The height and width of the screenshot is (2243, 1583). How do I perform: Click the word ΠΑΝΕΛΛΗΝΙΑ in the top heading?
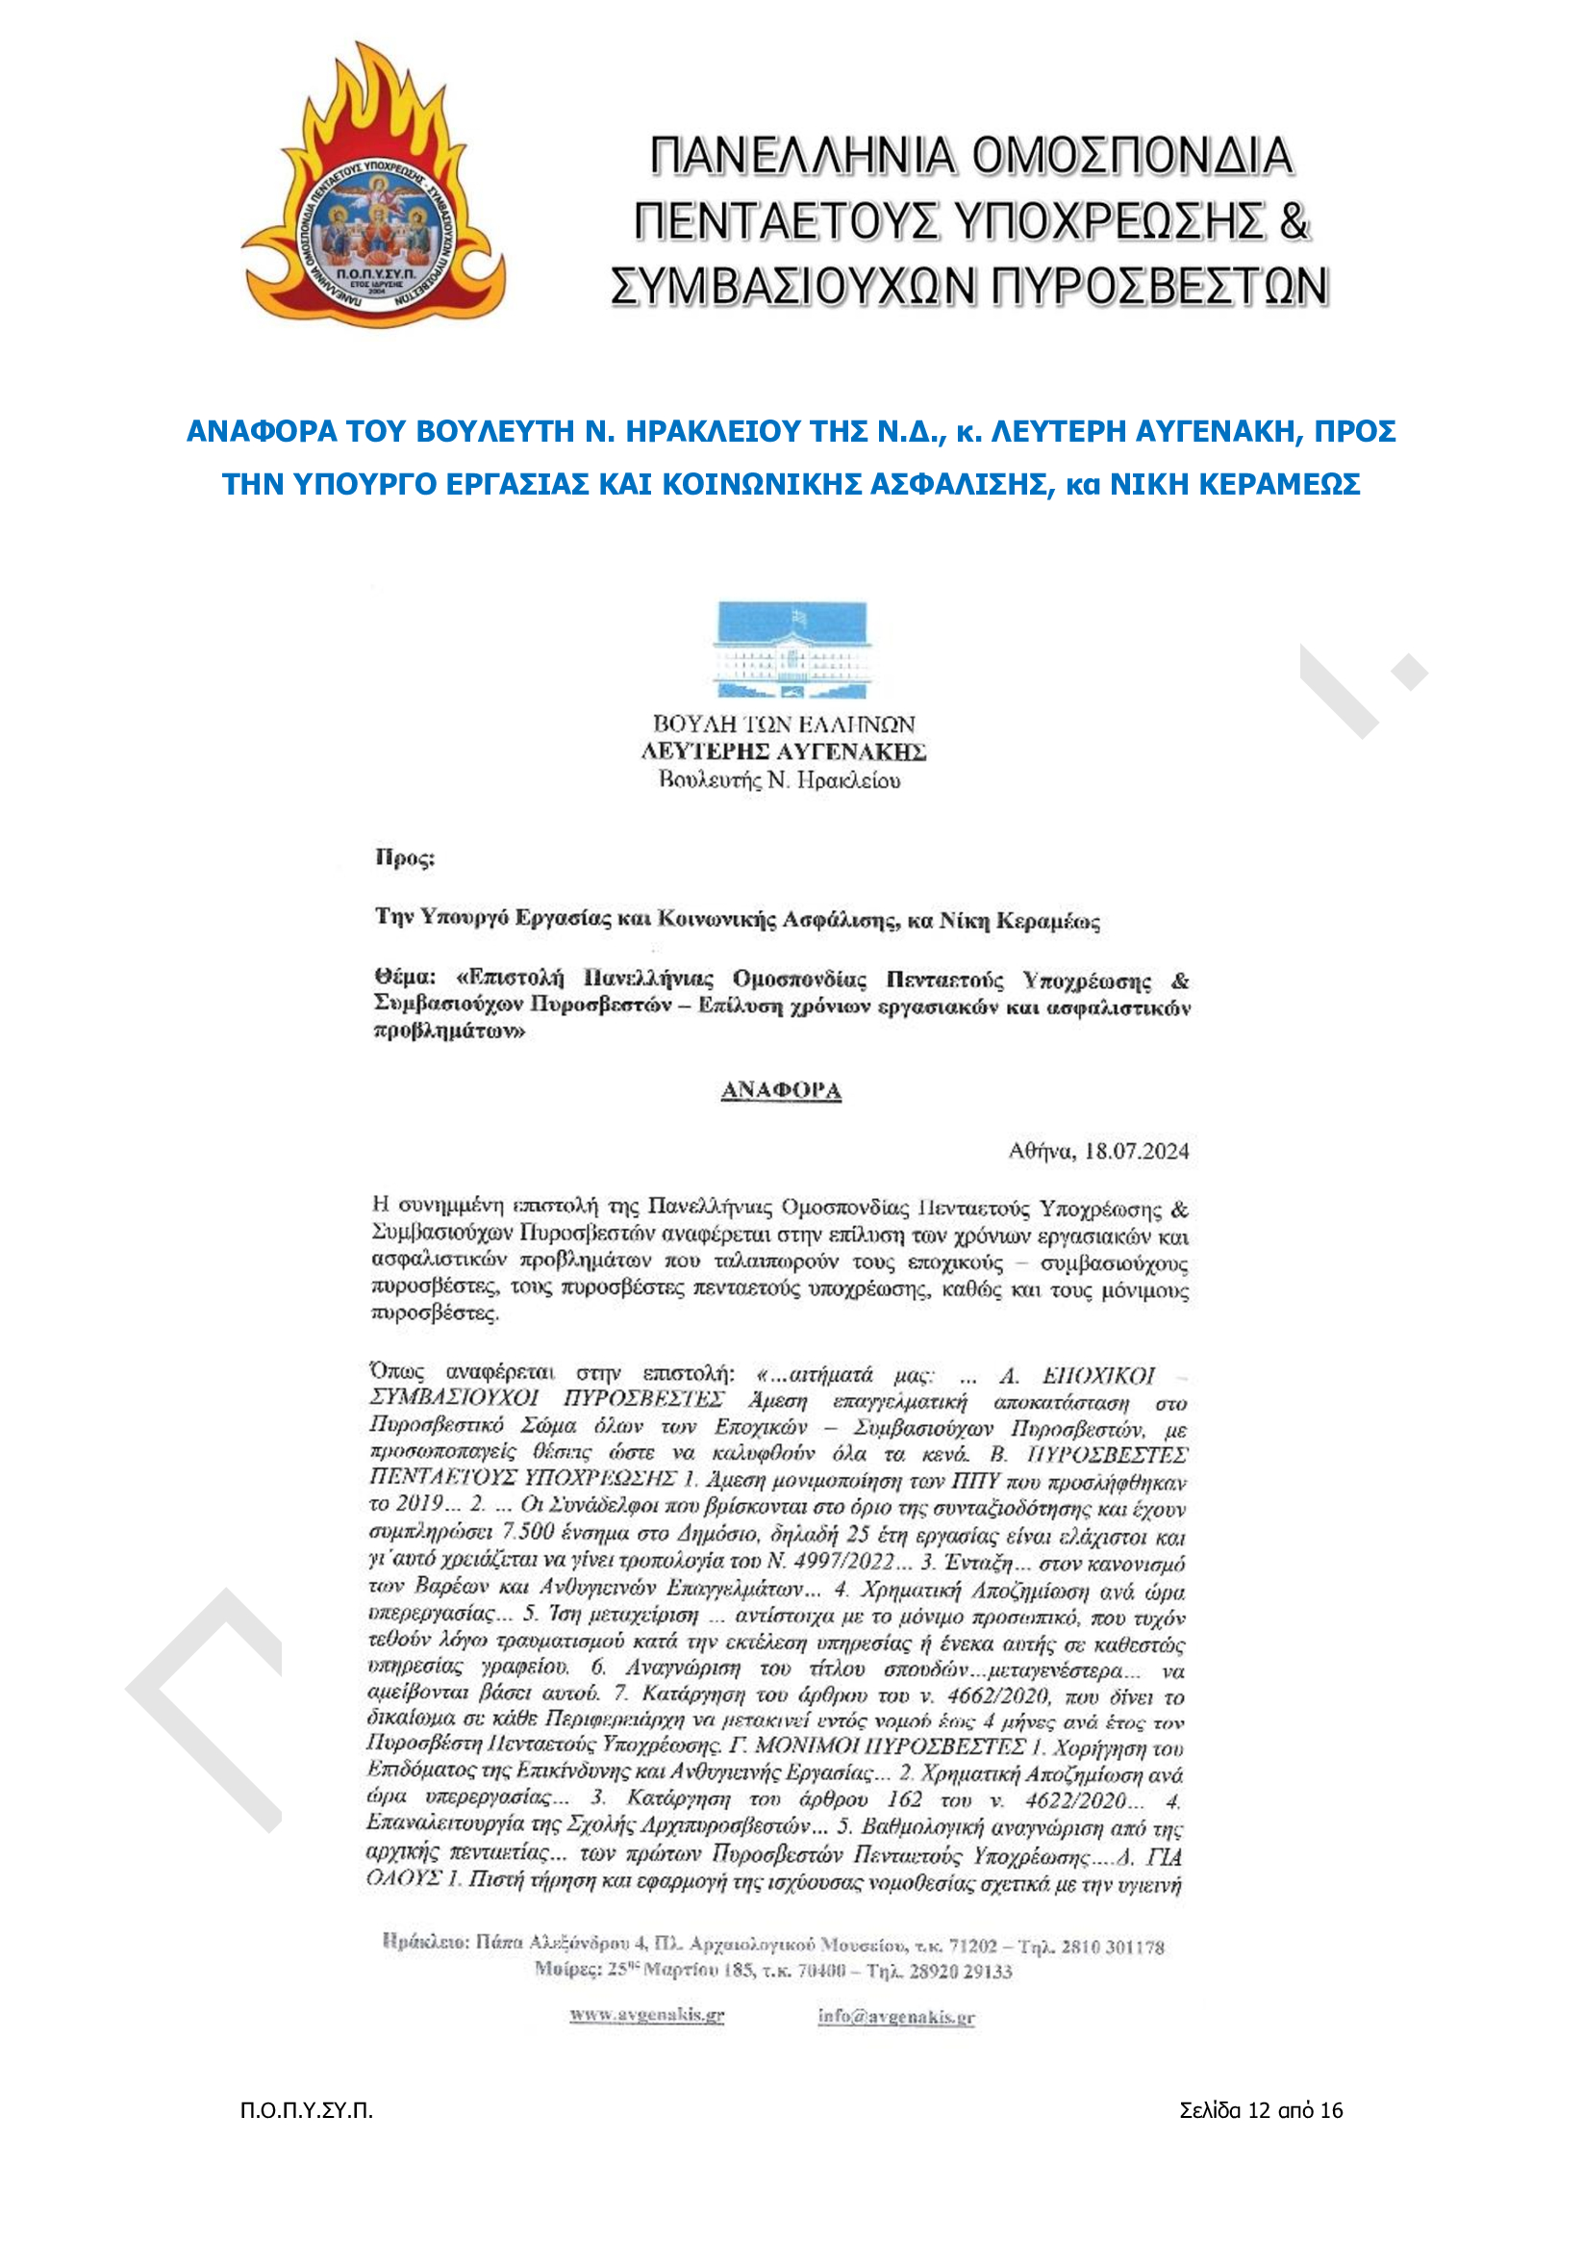pyautogui.click(x=800, y=156)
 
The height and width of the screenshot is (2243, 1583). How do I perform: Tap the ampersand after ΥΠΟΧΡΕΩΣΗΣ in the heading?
pyautogui.click(x=1293, y=220)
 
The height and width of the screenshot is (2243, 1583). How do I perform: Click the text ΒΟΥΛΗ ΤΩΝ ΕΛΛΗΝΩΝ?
pyautogui.click(x=783, y=724)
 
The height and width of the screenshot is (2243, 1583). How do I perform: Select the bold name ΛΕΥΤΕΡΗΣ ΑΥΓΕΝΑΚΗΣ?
pyautogui.click(x=783, y=752)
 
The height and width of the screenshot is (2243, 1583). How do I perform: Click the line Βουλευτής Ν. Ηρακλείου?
pyautogui.click(x=779, y=779)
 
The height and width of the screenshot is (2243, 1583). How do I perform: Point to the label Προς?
pyautogui.click(x=404, y=857)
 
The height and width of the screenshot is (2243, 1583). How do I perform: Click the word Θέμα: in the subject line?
pyautogui.click(x=403, y=977)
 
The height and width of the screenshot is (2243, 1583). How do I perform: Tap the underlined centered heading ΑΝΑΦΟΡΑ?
pyautogui.click(x=780, y=1090)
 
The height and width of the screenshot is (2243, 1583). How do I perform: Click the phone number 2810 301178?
pyautogui.click(x=1113, y=1947)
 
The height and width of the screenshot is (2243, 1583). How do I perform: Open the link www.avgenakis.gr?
pyautogui.click(x=646, y=2014)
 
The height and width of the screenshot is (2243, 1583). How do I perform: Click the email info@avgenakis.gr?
pyautogui.click(x=895, y=2015)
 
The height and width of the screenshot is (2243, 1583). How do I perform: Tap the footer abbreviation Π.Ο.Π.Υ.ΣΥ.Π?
pyautogui.click(x=307, y=2110)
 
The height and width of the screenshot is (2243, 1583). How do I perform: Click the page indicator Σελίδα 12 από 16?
pyautogui.click(x=1261, y=2110)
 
